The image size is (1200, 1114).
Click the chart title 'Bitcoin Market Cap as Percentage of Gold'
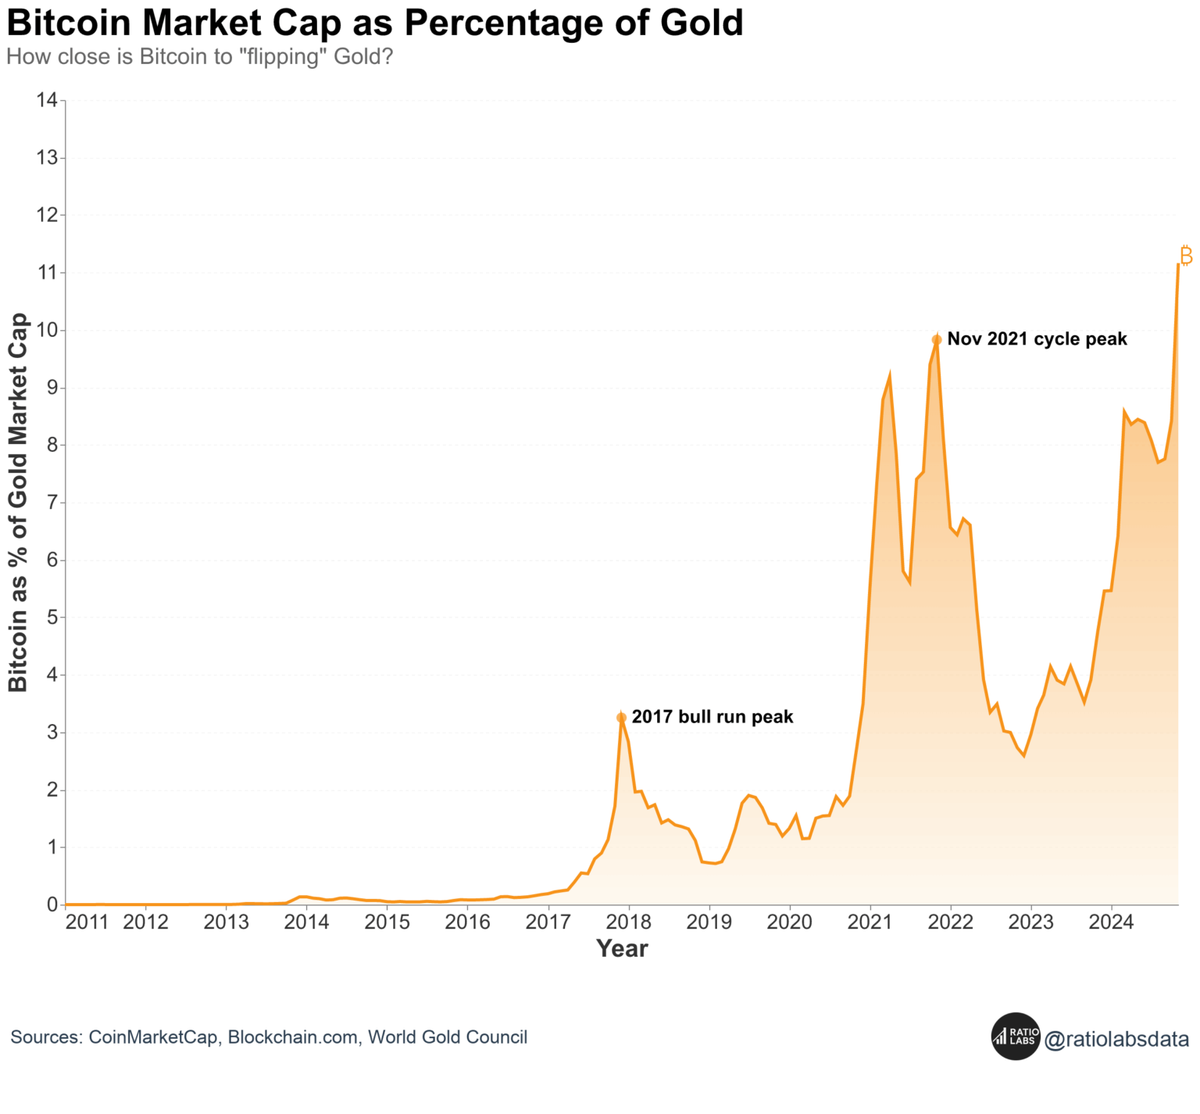375,23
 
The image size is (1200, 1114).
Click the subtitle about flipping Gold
199,57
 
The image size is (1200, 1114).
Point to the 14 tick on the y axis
47,100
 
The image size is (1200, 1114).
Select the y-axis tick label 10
47,330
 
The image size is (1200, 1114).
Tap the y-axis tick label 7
52,502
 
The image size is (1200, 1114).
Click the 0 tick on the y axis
52,904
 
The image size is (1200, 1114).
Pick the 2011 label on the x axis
87,922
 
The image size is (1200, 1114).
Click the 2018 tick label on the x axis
628,922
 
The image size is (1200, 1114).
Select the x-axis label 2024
1111,922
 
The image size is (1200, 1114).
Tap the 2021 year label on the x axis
870,922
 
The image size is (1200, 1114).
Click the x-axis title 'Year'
622,948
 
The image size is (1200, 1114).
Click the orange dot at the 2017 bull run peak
621,718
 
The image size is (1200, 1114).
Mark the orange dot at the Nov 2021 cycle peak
937,339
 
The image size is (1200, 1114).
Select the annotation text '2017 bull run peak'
712,717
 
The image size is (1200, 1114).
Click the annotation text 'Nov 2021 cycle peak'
1037,339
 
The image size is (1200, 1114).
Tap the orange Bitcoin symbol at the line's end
1185,256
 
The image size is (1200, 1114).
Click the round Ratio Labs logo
1016,1037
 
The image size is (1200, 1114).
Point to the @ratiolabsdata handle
1116,1039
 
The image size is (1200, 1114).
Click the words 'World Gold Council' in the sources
448,1037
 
